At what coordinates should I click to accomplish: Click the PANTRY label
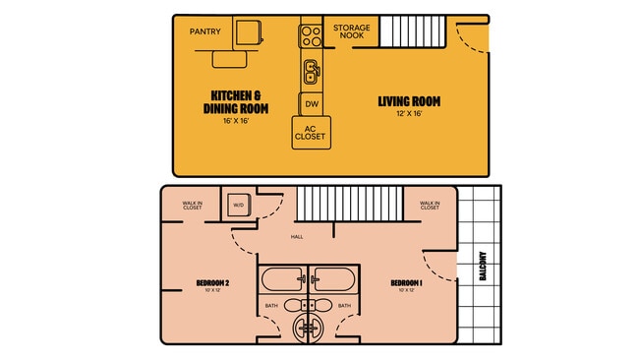tap(205, 31)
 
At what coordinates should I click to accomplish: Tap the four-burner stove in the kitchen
tap(312, 35)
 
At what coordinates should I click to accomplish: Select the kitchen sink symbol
tap(312, 71)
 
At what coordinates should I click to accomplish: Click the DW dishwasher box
tap(312, 103)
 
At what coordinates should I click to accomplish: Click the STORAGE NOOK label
tap(351, 31)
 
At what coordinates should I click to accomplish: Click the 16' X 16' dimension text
tap(235, 121)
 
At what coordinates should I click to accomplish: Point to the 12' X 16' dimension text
tap(409, 113)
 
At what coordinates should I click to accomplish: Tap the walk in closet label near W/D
tap(192, 205)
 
